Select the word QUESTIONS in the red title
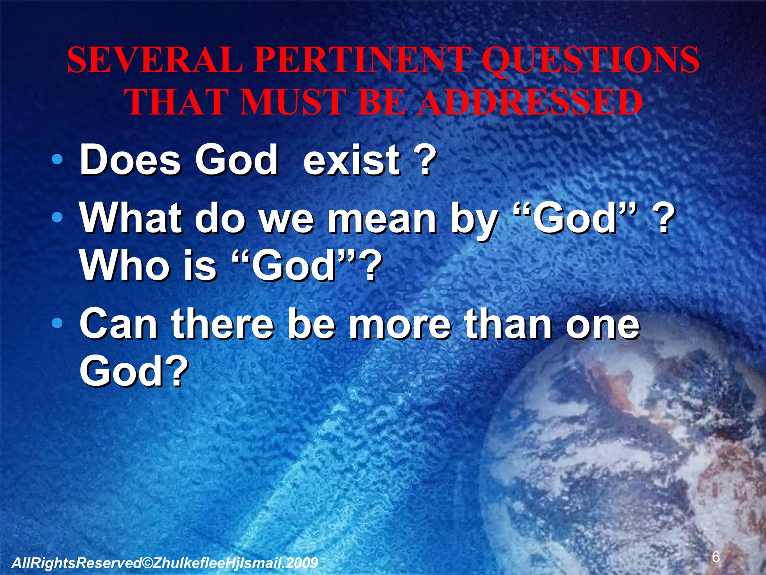(x=590, y=61)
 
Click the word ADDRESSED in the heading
(x=530, y=103)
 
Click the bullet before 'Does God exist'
(x=57, y=160)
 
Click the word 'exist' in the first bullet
(x=352, y=160)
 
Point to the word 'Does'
(x=131, y=160)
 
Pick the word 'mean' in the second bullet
(x=382, y=219)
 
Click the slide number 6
(x=716, y=557)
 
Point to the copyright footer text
(x=165, y=563)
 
